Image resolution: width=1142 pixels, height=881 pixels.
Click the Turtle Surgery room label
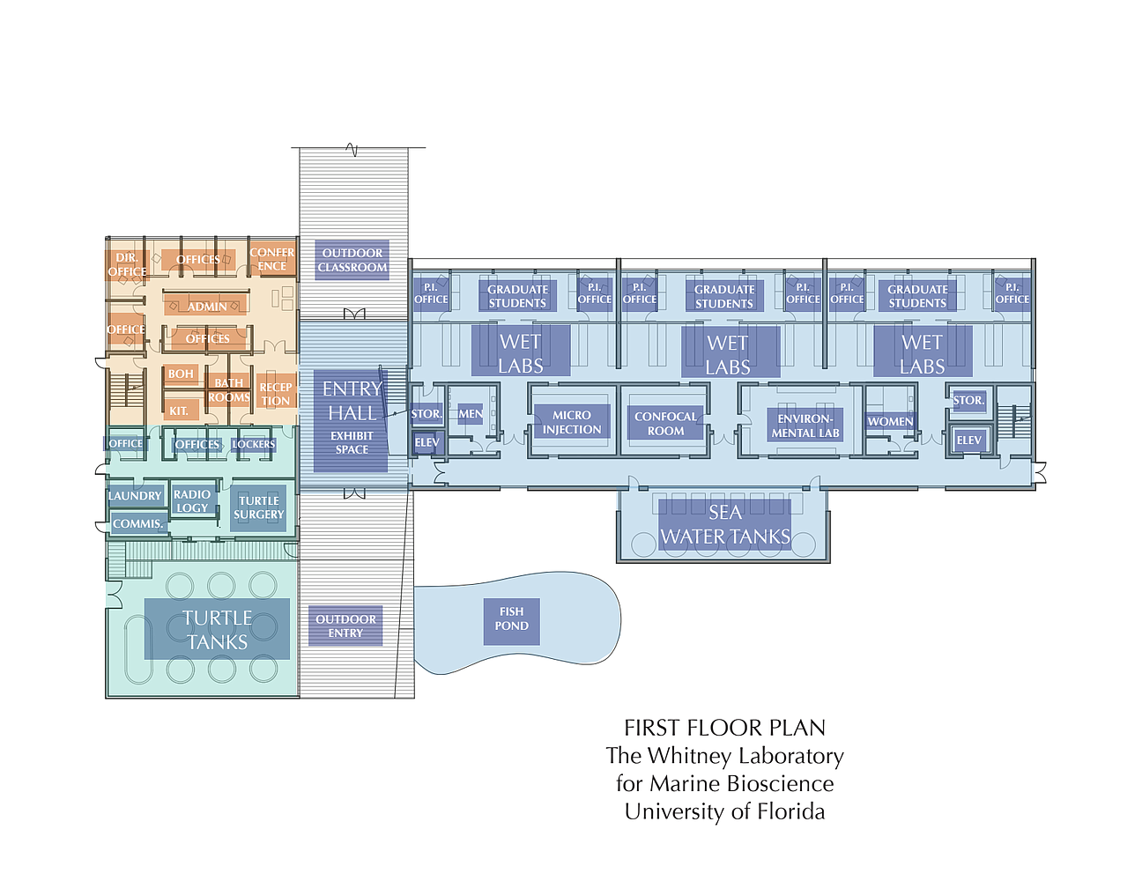coord(258,507)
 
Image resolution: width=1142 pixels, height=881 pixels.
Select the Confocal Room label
coord(665,424)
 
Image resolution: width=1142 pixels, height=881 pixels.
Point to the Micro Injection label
coord(572,422)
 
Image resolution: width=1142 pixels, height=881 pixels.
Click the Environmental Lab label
coord(805,426)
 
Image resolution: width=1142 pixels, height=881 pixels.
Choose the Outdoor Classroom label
coord(352,260)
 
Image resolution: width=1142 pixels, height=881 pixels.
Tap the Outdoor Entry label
coord(345,626)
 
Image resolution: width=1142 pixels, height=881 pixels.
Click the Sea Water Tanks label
coord(724,524)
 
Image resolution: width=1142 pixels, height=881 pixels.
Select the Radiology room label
coord(192,501)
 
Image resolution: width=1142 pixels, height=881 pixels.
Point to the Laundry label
coord(135,496)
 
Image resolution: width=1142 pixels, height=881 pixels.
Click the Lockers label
coord(254,444)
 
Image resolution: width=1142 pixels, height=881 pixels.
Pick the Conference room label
coord(271,260)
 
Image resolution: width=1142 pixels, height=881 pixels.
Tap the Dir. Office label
coord(127,265)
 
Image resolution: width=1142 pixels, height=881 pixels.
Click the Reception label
coord(276,394)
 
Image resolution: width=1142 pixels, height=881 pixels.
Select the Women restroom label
coord(890,421)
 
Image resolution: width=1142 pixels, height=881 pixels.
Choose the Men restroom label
coord(470,414)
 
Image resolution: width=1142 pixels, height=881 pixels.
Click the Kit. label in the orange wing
coord(179,411)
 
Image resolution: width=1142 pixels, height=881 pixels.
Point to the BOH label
coord(181,374)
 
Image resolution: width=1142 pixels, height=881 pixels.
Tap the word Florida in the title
coord(791,812)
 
